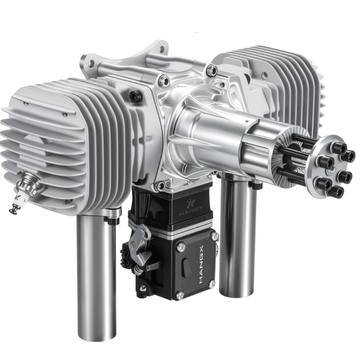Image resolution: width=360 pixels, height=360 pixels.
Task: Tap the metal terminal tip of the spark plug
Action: (x=12, y=209)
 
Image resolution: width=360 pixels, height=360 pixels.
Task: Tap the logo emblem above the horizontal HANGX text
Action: (x=191, y=204)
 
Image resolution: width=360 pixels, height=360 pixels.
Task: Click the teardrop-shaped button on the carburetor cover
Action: (x=187, y=267)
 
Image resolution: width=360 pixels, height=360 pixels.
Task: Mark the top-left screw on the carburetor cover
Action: (x=181, y=247)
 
